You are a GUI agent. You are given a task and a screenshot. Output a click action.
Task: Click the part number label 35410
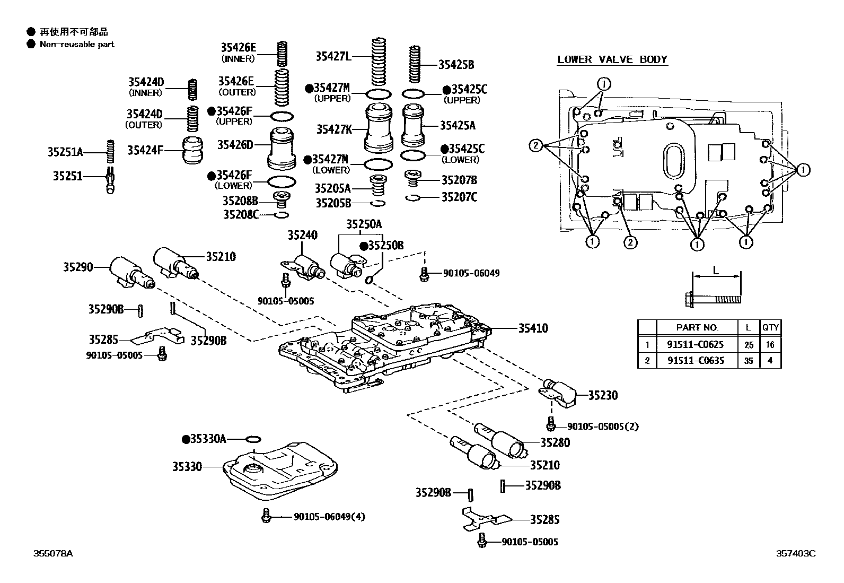coord(533,328)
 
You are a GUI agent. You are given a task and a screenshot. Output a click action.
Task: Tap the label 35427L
coord(333,56)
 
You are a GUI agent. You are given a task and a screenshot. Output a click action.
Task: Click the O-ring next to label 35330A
coord(253,439)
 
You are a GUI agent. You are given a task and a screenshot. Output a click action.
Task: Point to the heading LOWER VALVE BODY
coord(612,59)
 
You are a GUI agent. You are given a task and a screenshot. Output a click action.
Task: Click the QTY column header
coord(770,328)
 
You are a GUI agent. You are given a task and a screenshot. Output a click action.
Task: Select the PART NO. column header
coord(697,328)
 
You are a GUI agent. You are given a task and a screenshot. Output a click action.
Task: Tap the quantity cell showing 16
coord(770,344)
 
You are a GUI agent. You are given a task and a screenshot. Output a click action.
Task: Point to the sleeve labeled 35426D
coord(285,148)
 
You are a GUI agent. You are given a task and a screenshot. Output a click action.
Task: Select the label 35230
coord(603,395)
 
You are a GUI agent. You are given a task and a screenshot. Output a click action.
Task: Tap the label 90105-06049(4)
coord(329,517)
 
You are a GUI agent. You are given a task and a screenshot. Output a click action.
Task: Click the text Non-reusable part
coord(77,45)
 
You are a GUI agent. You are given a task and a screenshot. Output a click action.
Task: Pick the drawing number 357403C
coord(796,553)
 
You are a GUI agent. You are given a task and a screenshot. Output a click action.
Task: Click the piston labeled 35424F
coord(194,151)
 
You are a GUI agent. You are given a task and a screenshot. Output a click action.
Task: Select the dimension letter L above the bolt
coord(715,271)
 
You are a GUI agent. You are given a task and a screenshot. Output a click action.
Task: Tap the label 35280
coord(555,442)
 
